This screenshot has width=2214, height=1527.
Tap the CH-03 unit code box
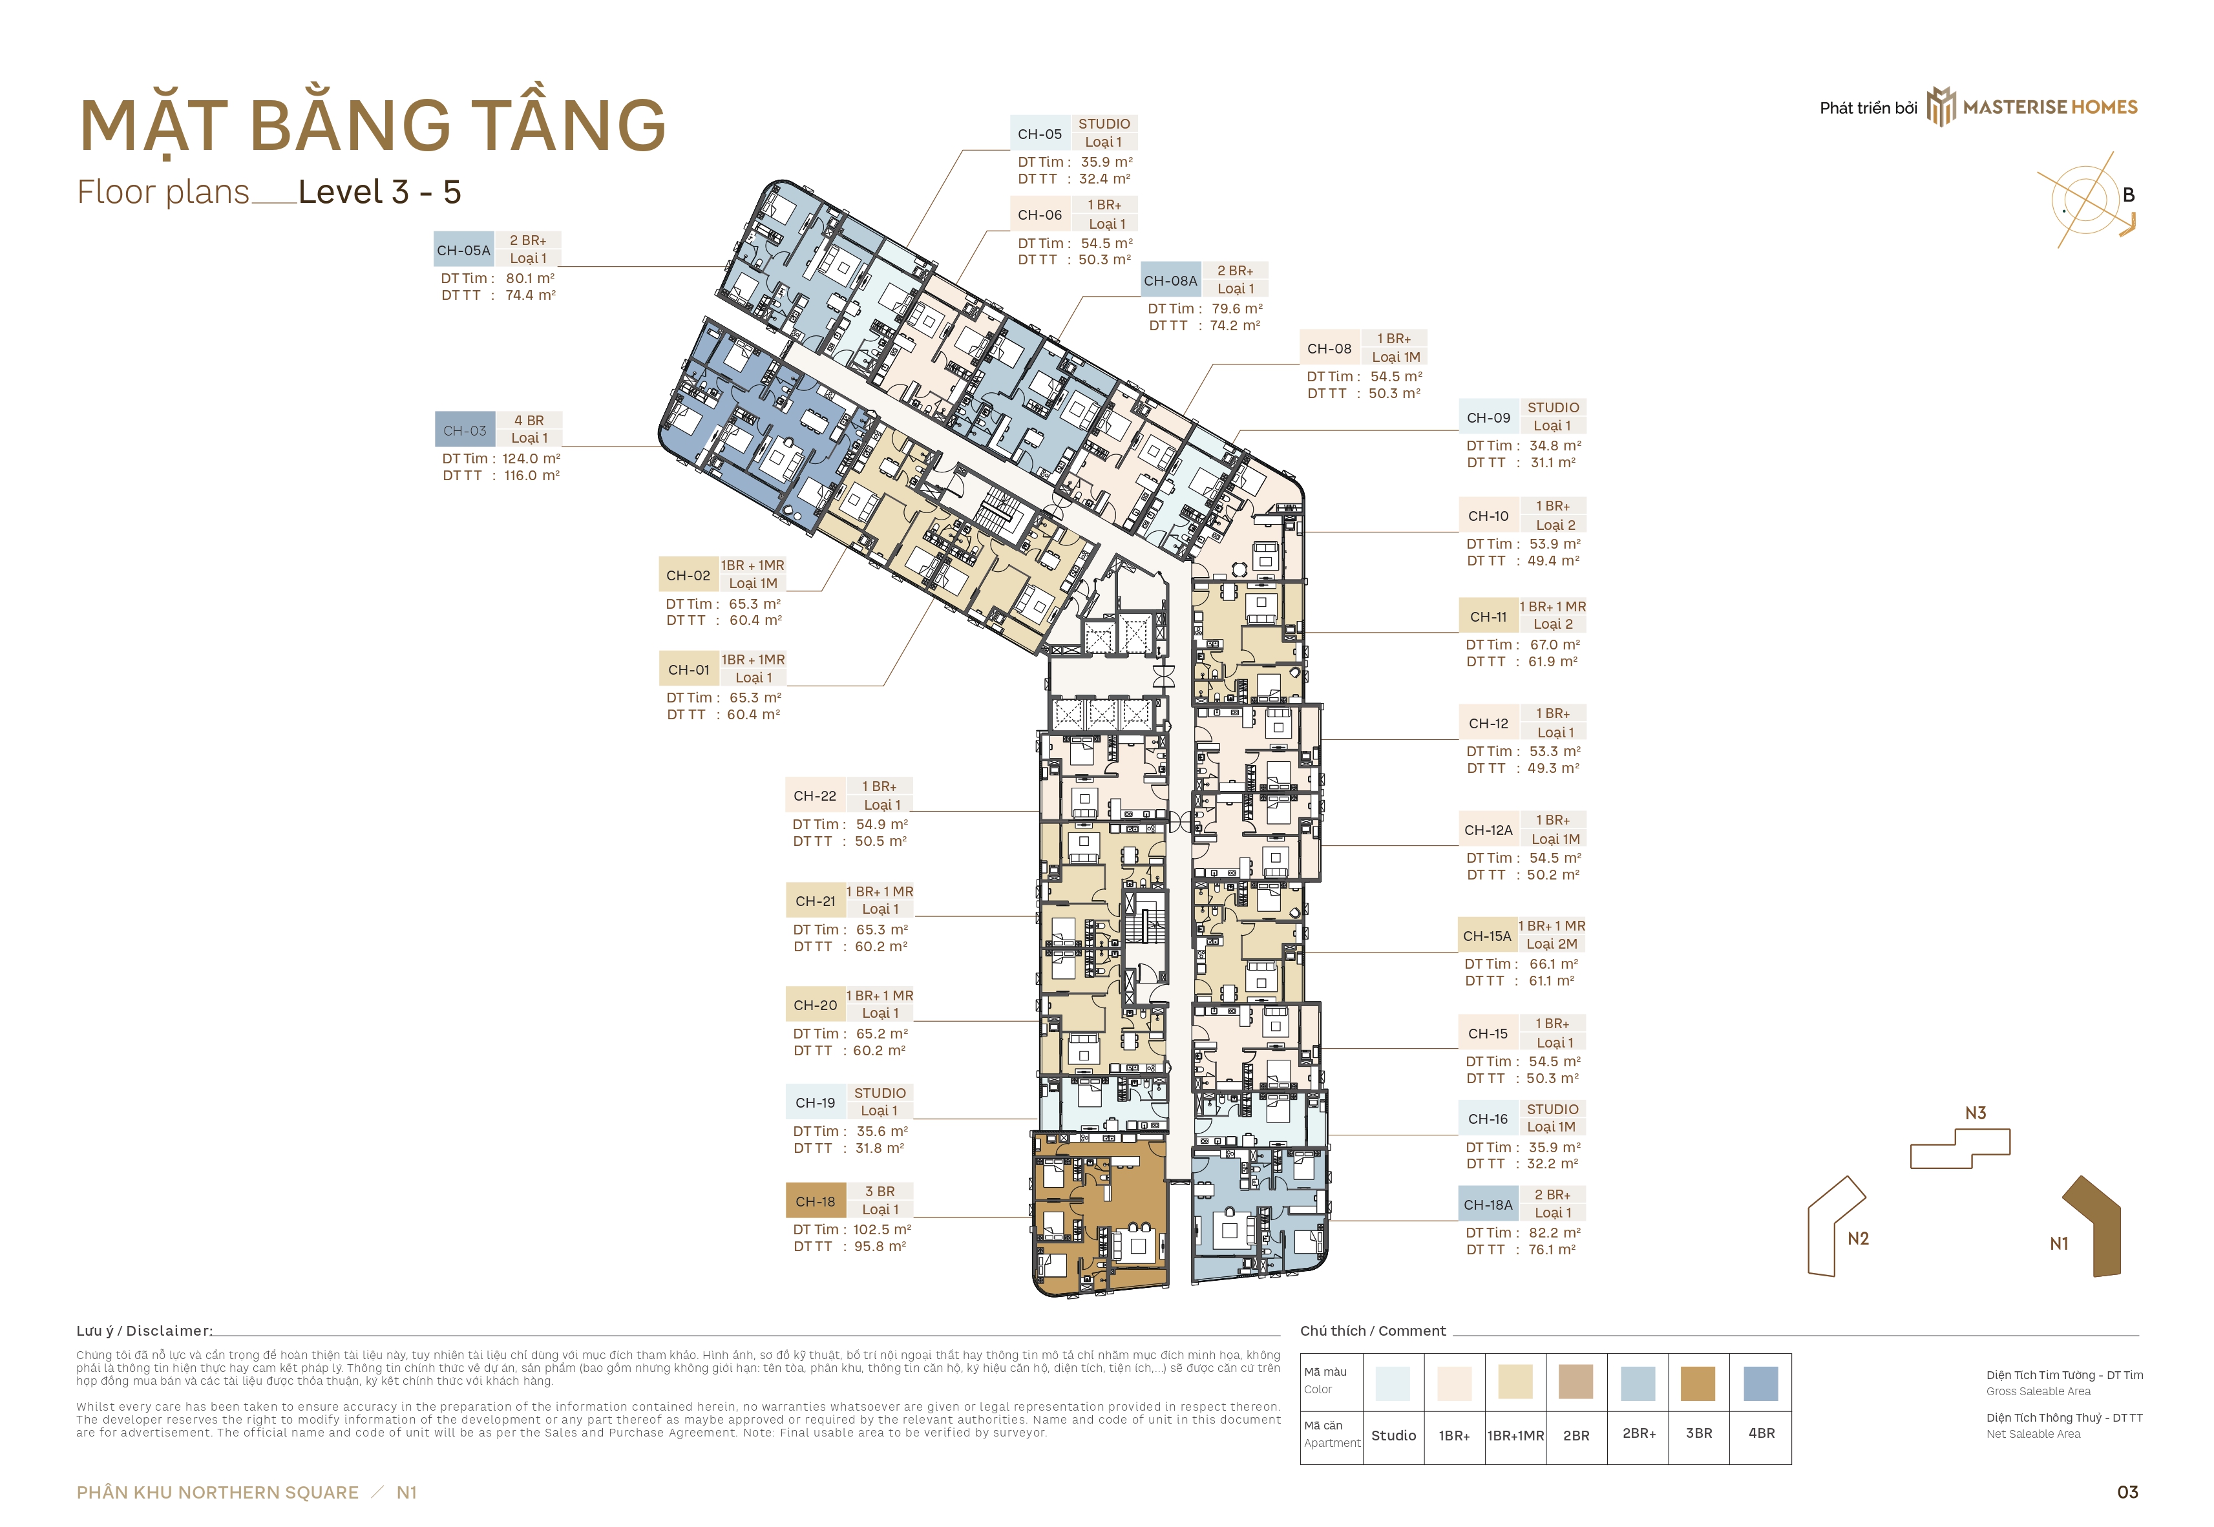(465, 430)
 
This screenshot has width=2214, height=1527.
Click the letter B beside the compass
(2129, 195)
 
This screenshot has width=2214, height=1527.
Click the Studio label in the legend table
(1394, 1435)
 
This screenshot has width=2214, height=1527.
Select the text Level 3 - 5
(380, 193)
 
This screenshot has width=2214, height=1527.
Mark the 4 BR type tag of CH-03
(529, 421)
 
